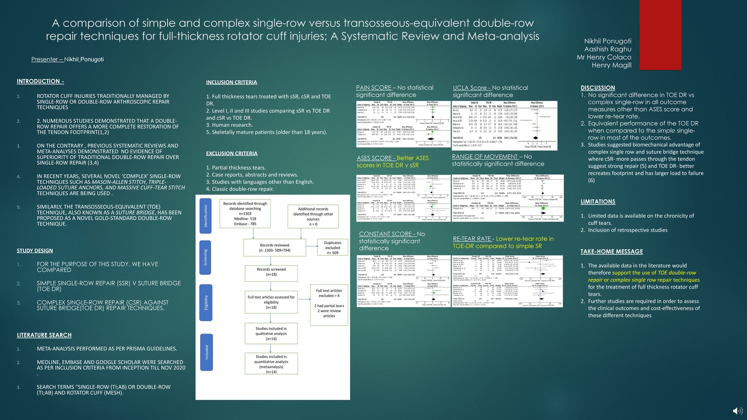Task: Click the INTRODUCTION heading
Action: click(x=40, y=81)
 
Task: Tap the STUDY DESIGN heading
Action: click(x=35, y=251)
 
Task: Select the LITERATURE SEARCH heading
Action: click(x=44, y=335)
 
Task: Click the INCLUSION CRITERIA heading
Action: click(x=232, y=83)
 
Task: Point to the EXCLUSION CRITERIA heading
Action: click(x=232, y=154)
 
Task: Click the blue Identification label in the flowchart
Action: click(x=205, y=216)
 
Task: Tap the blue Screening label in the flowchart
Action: click(x=205, y=258)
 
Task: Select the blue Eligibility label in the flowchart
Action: click(x=205, y=302)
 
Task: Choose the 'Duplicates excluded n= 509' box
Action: click(x=332, y=248)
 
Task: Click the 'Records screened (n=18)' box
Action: click(x=271, y=272)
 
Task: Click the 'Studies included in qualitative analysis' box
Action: click(x=271, y=333)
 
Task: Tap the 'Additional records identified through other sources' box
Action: click(x=313, y=217)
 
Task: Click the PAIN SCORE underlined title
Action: click(x=373, y=88)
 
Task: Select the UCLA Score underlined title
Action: click(x=472, y=88)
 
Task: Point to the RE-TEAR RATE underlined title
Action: click(x=473, y=239)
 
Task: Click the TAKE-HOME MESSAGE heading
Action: click(x=612, y=252)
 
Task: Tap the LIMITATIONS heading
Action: click(x=598, y=202)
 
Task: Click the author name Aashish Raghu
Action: click(x=607, y=49)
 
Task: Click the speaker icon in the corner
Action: click(x=738, y=411)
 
